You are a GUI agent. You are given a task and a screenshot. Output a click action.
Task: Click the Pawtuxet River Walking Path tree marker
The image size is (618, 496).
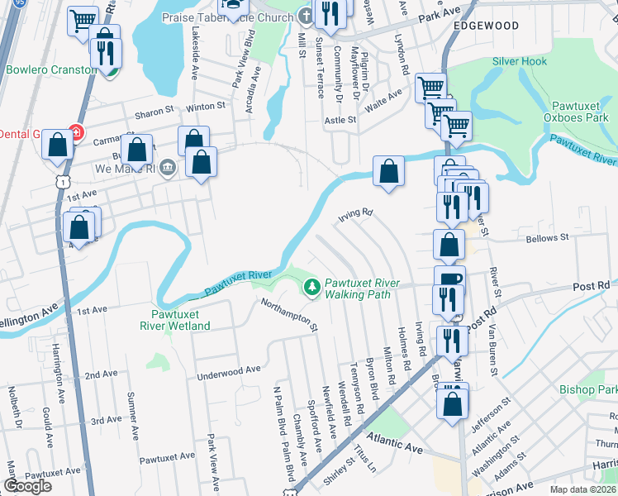coord(311,288)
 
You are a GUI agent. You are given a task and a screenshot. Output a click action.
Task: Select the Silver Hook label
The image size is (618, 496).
coord(520,61)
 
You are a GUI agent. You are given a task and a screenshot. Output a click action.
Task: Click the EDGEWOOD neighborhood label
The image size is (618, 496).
coord(486,26)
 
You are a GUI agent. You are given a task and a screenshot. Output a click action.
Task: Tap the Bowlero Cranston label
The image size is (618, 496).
coord(51,69)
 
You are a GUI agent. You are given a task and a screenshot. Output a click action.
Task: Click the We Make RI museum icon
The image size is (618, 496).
coord(167,168)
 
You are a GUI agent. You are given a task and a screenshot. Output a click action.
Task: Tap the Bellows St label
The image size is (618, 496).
coord(548,238)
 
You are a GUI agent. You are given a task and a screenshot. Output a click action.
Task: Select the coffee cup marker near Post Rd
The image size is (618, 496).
coord(449,279)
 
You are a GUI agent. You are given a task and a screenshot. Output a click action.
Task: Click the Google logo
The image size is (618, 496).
coord(27,486)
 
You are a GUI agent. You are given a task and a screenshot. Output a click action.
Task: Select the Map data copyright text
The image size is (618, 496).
coord(583,489)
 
